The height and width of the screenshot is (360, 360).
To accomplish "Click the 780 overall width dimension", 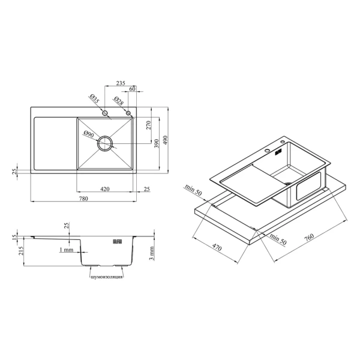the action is click(x=83, y=199).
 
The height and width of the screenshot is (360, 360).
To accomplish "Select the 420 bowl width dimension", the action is click(x=105, y=189).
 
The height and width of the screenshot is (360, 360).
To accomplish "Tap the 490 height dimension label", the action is click(x=166, y=140).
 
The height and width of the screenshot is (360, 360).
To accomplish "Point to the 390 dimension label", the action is click(x=157, y=143).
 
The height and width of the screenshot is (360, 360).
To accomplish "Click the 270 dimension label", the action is click(x=149, y=125).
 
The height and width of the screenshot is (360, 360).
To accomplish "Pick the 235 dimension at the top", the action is click(x=121, y=83).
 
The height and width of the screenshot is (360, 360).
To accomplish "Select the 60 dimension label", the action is click(x=133, y=89).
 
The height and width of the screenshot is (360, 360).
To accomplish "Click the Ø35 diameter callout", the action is click(x=94, y=99).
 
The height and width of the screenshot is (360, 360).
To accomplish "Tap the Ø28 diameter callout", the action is click(x=118, y=101).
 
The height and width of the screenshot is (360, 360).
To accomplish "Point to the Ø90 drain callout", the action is click(x=89, y=134).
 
